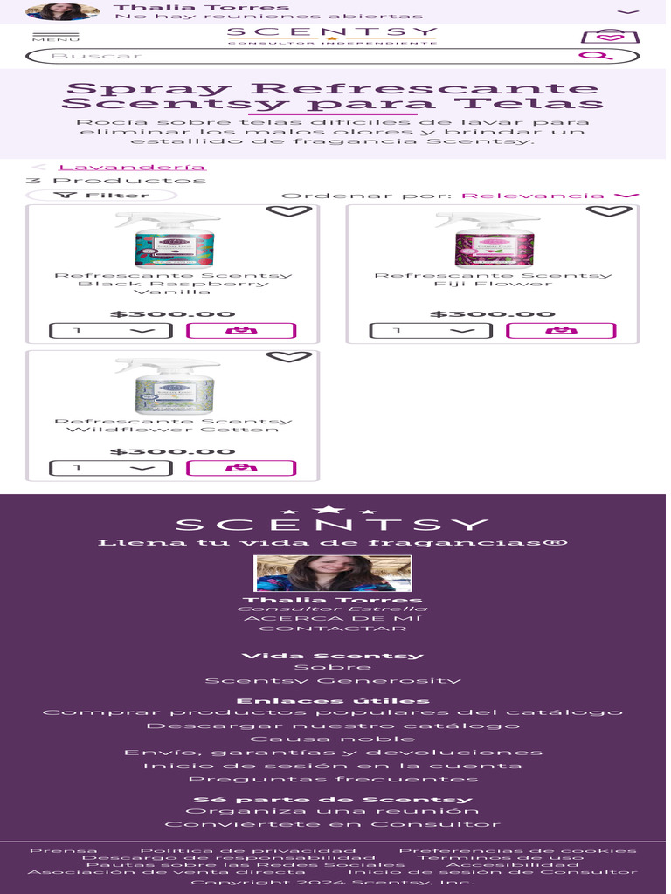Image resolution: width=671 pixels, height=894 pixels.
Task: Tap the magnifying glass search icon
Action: coord(596,56)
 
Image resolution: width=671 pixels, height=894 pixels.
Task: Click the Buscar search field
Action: coord(297,56)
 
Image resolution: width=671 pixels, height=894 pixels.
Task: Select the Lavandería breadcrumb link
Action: coord(132,167)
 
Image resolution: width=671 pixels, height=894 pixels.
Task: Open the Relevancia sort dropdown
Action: coord(550,196)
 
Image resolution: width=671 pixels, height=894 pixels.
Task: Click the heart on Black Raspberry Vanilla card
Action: coord(288,210)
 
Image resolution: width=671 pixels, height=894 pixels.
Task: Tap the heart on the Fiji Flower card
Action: coord(608,210)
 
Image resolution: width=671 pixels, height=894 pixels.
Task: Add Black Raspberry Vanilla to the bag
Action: coord(241,331)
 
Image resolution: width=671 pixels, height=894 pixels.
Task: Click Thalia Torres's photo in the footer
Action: coord(333,574)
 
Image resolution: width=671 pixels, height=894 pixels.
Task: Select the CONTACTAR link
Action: coord(333,629)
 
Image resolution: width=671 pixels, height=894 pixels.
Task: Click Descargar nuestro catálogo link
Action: coord(333,726)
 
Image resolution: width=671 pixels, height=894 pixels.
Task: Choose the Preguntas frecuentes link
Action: coord(333,779)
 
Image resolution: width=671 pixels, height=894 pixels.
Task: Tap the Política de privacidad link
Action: coord(248,850)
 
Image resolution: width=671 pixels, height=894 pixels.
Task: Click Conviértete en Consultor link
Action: coord(333,824)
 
